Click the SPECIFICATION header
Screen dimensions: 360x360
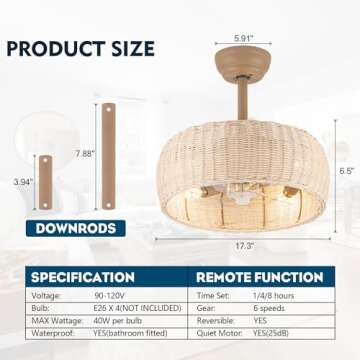point(82,276)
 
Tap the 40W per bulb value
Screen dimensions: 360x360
point(114,325)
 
